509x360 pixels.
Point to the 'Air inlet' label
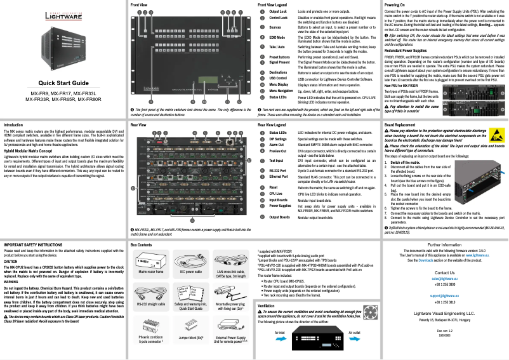point(281,332)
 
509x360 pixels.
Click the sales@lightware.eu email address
point(444,278)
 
